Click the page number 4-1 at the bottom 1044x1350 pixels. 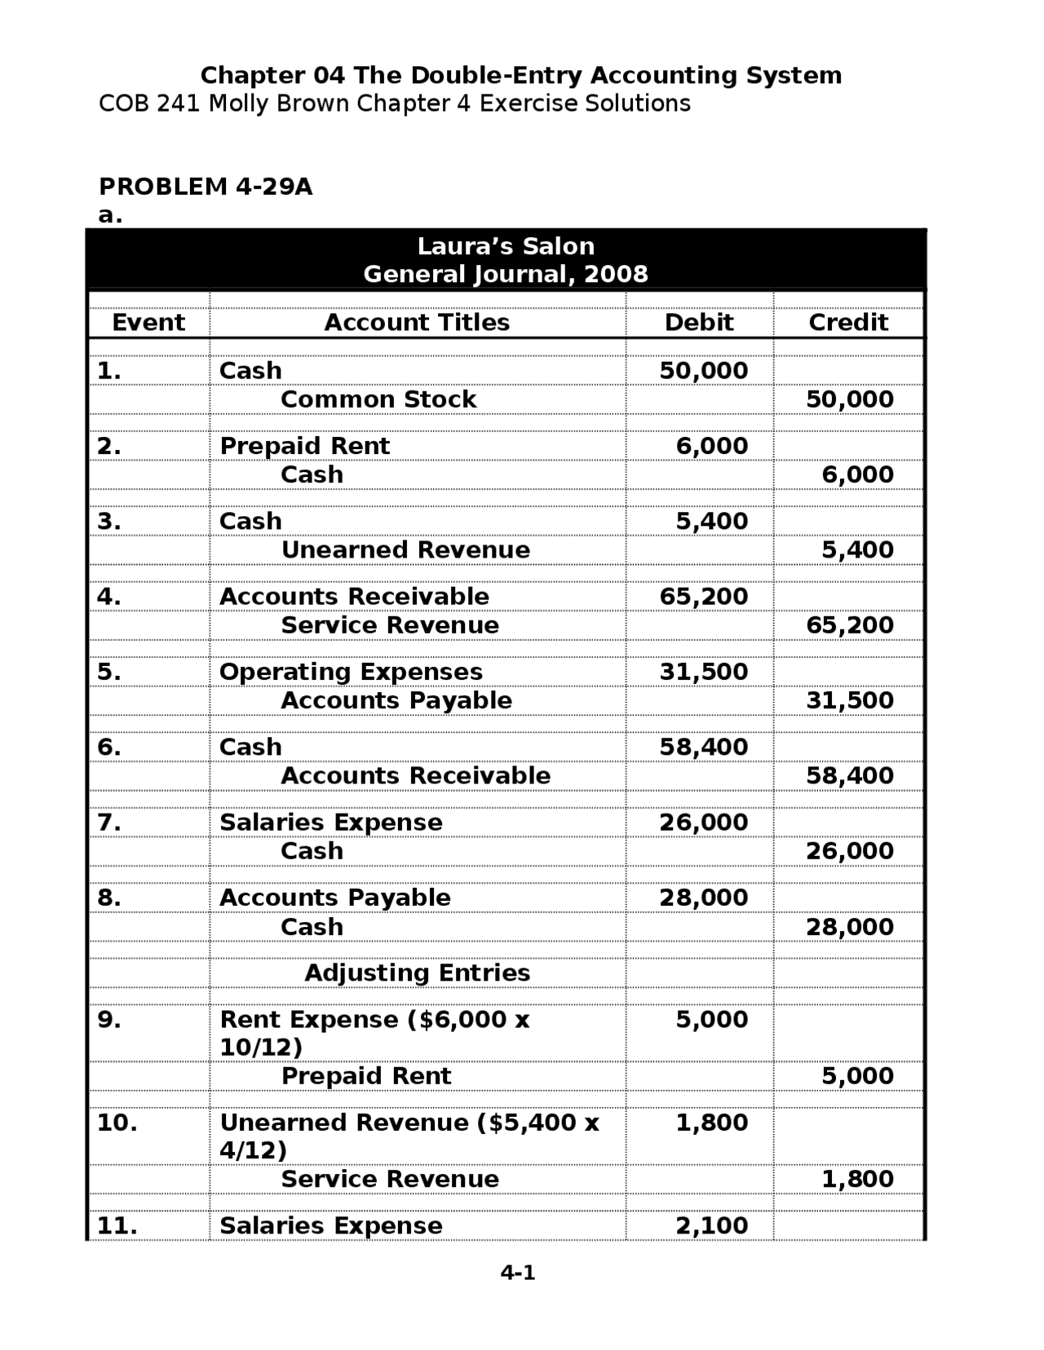(518, 1272)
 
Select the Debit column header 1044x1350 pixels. (699, 322)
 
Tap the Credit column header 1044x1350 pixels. (848, 322)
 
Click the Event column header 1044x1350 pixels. (148, 322)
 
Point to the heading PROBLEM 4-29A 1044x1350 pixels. (206, 187)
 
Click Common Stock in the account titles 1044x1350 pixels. (378, 399)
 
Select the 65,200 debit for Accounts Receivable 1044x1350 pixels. (703, 596)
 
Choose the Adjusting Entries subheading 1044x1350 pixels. (417, 973)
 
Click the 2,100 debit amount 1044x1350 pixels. (711, 1225)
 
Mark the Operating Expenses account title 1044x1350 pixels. (351, 672)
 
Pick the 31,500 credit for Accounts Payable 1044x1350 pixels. (850, 700)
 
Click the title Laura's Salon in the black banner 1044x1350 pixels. (506, 246)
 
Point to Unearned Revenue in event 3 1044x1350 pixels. (405, 549)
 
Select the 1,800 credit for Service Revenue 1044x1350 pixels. (857, 1179)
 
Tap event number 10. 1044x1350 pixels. (117, 1123)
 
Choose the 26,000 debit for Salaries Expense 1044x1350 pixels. (703, 822)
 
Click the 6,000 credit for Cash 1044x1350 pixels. (857, 474)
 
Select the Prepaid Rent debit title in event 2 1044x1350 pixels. (305, 446)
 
